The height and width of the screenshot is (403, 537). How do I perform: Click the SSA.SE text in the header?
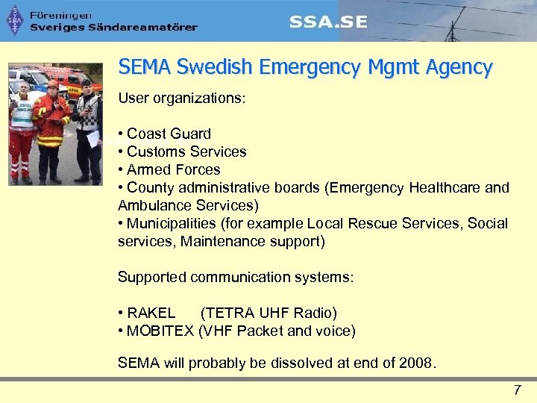point(329,22)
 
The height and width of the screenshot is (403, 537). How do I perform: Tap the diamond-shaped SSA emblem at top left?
point(14,22)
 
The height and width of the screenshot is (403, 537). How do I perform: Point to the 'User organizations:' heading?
point(181,99)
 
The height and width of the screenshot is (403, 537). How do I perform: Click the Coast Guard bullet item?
point(169,134)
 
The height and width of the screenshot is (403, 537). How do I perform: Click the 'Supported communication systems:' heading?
point(236,278)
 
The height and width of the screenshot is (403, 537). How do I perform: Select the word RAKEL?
point(151,313)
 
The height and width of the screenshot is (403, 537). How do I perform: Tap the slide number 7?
point(517,390)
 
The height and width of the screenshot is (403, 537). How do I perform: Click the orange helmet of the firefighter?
point(52,84)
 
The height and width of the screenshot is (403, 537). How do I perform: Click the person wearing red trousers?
point(22,138)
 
